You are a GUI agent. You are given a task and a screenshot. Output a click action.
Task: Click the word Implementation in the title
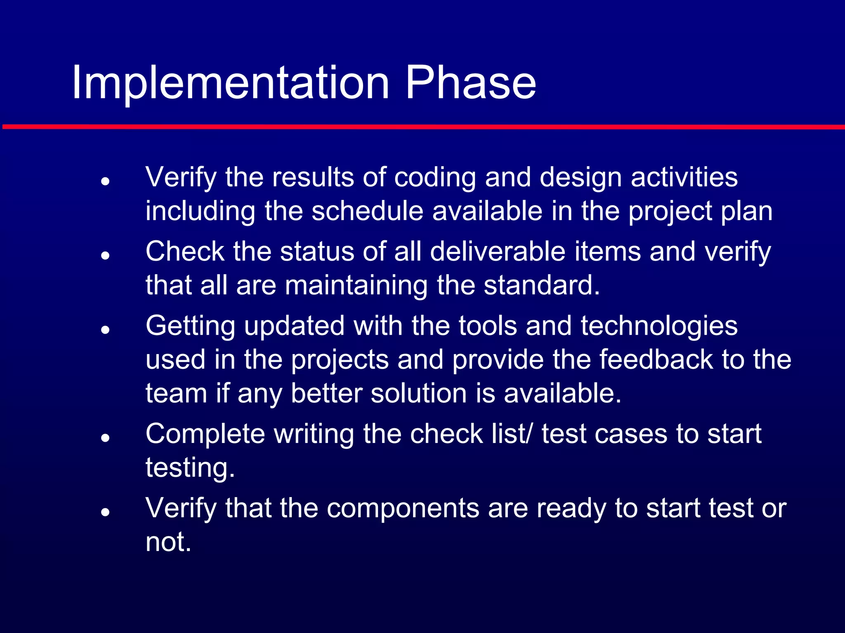[x=230, y=83]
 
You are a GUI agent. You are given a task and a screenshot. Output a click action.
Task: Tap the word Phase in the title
[x=470, y=83]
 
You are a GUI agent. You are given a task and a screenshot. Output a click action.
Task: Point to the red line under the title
[x=422, y=127]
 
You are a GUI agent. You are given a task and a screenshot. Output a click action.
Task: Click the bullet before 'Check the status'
[x=106, y=256]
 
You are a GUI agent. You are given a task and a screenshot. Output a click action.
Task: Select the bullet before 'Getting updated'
[x=106, y=330]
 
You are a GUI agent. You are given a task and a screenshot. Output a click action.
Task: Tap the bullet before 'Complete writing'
[x=106, y=438]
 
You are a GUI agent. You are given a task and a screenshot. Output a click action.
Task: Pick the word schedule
[x=367, y=211]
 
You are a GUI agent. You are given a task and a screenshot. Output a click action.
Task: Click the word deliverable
[x=498, y=251]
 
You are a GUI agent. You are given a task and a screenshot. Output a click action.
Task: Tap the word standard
[x=541, y=285]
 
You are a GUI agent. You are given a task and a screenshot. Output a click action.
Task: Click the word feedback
[x=656, y=359]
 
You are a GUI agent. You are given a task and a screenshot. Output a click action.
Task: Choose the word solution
[x=418, y=393]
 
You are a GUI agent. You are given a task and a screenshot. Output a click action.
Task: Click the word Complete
[x=205, y=434]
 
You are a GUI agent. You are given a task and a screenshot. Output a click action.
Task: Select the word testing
[x=190, y=468]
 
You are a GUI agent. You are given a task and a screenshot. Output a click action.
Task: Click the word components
[x=403, y=509]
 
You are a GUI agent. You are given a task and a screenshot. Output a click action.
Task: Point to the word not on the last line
[x=168, y=542]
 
